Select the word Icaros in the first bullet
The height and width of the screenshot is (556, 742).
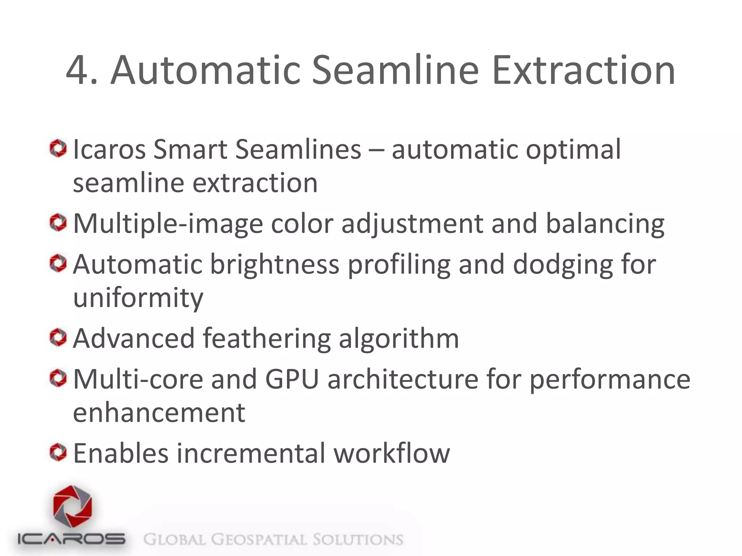tap(109, 149)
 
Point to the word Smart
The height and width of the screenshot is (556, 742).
tap(190, 149)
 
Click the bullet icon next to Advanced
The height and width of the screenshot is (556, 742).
tap(58, 338)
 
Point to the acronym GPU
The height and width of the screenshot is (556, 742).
tap(292, 379)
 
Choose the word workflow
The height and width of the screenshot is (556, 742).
tap(392, 453)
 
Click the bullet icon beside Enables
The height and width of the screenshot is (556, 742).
tap(58, 453)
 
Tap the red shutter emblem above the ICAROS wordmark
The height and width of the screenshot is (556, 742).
tap(72, 507)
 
